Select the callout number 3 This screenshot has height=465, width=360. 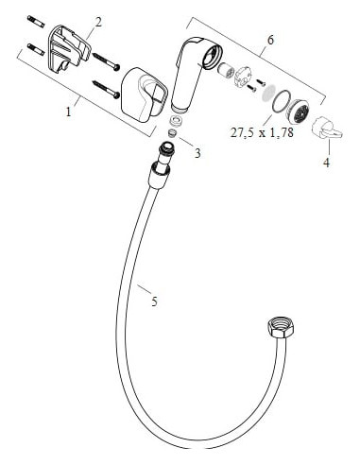tap(197, 153)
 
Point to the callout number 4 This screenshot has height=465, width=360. tap(327, 161)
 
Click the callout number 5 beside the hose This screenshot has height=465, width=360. tap(154, 301)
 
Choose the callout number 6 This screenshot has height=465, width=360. tap(270, 40)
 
